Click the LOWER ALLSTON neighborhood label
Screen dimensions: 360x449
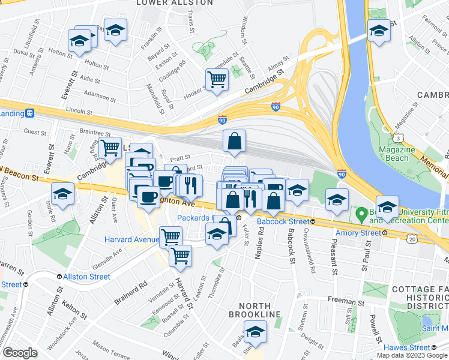pos(175,3)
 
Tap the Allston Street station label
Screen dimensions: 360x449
pos(83,277)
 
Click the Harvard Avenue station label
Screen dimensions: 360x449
pos(133,239)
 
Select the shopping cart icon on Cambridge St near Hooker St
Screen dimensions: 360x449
pos(217,79)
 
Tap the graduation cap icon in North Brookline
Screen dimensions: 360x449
pos(255,331)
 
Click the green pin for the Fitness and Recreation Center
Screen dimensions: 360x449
pos(361,213)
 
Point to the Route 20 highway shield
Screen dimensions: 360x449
pos(412,239)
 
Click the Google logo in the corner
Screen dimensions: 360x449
pos(19,353)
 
